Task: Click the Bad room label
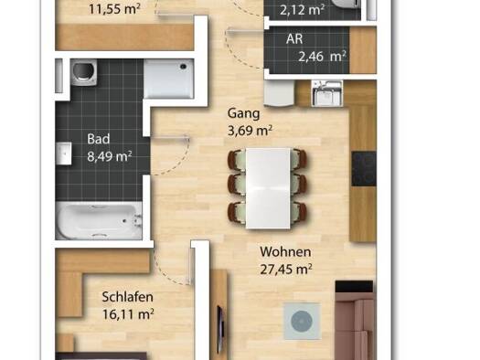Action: (98, 139)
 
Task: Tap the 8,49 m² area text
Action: (110, 156)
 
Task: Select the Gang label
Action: (244, 114)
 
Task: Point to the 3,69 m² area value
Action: (250, 131)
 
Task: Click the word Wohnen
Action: (285, 252)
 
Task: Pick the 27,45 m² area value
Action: (286, 270)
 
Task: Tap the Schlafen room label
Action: (127, 297)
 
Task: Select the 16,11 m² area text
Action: (128, 314)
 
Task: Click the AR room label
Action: (294, 39)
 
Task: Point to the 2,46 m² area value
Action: (322, 57)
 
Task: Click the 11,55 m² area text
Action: (114, 9)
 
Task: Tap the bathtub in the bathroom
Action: (99, 220)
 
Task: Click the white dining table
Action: (268, 188)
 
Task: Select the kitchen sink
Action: (326, 93)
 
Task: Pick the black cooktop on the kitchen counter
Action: (364, 169)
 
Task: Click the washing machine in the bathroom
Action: (83, 72)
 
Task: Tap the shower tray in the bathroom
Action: (168, 79)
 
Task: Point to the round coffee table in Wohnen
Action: (302, 321)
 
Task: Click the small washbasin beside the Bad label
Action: (64, 154)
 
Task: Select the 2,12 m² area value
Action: (302, 10)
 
